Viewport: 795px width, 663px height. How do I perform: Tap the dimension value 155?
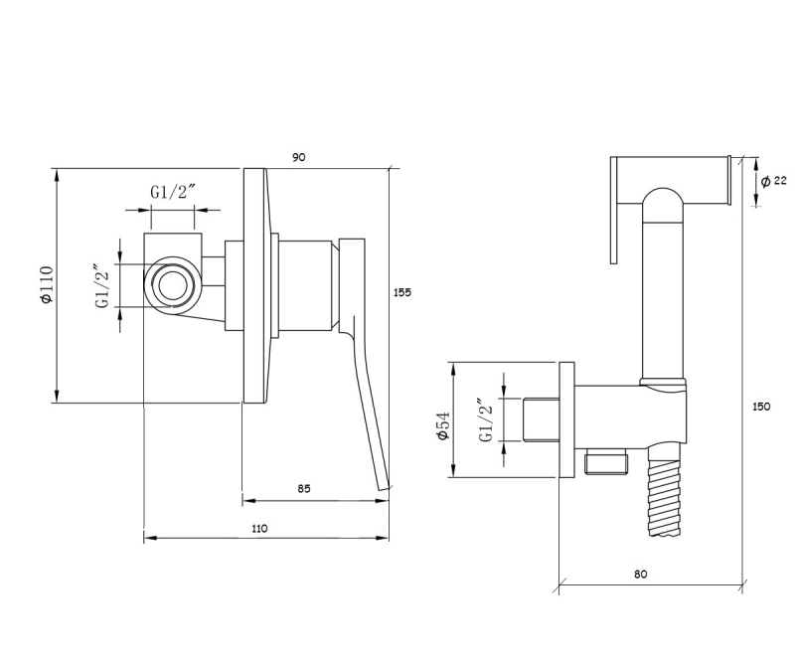401,292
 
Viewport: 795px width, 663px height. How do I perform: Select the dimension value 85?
304,488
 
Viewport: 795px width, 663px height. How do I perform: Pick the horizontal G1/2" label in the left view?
170,193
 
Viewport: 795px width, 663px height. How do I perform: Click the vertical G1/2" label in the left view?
102,286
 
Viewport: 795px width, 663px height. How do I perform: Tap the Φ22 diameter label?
773,181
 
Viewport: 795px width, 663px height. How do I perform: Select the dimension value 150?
761,406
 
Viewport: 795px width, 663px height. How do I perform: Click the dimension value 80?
640,575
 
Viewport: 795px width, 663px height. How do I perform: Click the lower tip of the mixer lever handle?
383,487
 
